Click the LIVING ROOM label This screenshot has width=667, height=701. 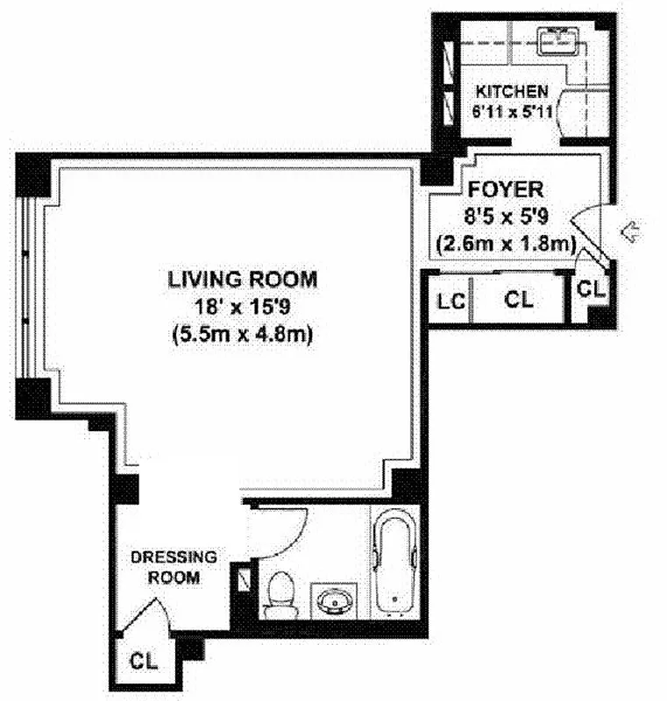tap(242, 280)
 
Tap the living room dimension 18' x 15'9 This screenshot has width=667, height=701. tap(242, 308)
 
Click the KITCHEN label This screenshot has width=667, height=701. tap(511, 91)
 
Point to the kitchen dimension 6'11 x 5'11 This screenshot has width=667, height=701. tap(511, 111)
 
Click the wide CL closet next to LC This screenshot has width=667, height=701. tap(518, 300)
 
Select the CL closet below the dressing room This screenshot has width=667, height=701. tap(144, 662)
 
